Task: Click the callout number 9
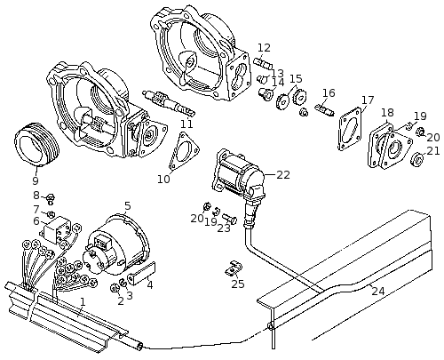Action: click(x=36, y=180)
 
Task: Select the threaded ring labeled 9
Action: click(x=37, y=144)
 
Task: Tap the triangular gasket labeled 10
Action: click(x=184, y=151)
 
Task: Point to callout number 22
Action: click(x=283, y=175)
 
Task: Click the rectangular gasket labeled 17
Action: click(x=351, y=129)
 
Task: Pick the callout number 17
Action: click(x=368, y=100)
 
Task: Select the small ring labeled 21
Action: click(x=417, y=159)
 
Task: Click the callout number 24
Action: click(x=378, y=292)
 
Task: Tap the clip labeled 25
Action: click(x=234, y=268)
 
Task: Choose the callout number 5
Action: click(x=128, y=205)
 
